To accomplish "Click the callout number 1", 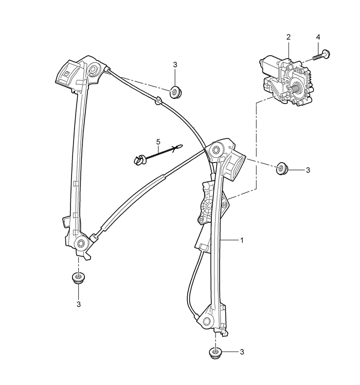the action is click(x=242, y=240).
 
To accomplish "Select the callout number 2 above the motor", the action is click(x=289, y=37).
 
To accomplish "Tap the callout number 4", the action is click(x=318, y=37).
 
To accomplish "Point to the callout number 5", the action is click(x=158, y=142).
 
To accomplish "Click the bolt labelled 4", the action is click(x=322, y=55).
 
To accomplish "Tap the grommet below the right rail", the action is click(x=215, y=354).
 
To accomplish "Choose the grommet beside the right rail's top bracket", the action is click(x=282, y=168).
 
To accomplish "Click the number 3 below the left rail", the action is click(x=79, y=304).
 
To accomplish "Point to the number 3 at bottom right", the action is click(x=242, y=352).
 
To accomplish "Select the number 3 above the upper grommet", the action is click(x=175, y=65).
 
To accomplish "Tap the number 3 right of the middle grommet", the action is click(x=308, y=170).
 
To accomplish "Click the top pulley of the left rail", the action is click(x=94, y=69).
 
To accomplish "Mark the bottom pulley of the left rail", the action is click(x=81, y=243).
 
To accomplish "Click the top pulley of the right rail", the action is click(x=216, y=150).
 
